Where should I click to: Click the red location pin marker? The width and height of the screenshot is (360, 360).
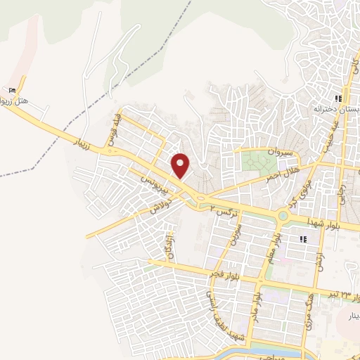pos(181,166)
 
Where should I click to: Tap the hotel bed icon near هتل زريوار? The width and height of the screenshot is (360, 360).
pos(11,91)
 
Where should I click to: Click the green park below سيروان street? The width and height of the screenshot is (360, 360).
pos(259,163)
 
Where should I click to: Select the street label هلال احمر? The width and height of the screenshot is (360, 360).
pos(280,173)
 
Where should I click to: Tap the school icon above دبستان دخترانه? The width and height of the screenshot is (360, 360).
pos(338,99)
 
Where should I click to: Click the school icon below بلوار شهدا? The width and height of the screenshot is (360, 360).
pos(302,240)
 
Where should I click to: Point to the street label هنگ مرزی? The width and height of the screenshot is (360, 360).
pos(306,308)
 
